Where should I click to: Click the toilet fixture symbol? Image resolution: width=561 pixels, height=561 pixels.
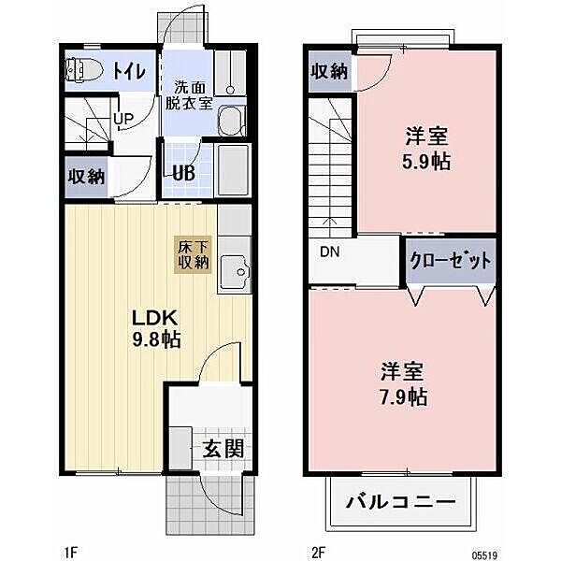tap(85, 68)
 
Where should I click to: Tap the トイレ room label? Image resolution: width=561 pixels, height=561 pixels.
tap(129, 69)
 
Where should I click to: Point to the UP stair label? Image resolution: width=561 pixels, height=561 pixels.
tap(122, 120)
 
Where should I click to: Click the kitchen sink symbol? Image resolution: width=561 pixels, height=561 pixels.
tap(237, 272)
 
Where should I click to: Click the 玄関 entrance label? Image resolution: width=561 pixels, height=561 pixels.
tap(223, 448)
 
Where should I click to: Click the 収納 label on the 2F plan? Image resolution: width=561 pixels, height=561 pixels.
tap(329, 70)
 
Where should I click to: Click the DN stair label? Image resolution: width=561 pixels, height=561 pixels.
tap(329, 252)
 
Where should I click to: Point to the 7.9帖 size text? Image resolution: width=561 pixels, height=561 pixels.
tap(405, 396)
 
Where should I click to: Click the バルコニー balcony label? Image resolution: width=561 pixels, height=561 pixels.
tap(401, 505)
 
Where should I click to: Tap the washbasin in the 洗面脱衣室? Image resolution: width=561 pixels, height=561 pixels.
tap(230, 121)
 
